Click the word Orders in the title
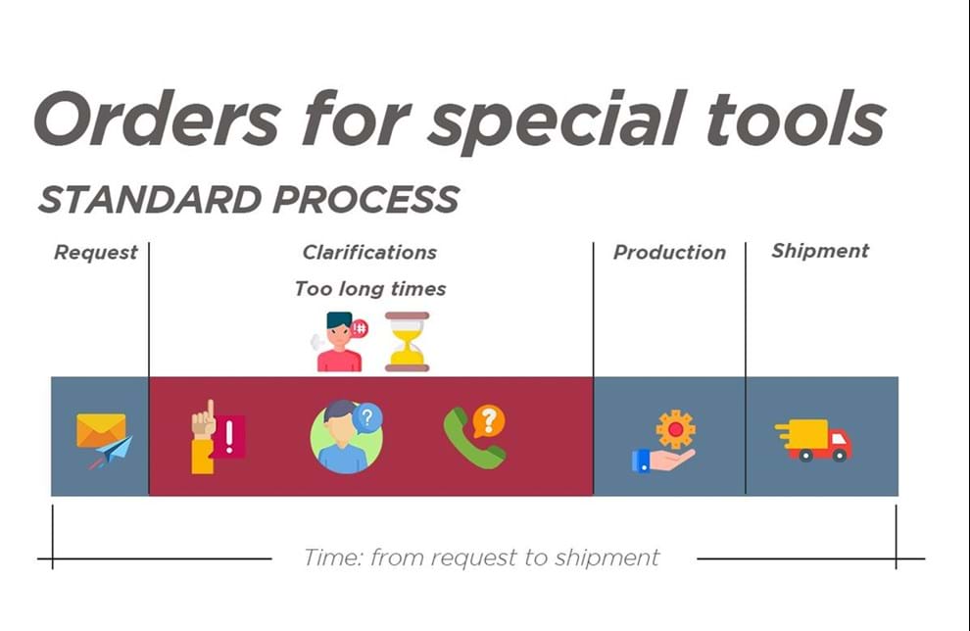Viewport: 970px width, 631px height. coord(158,118)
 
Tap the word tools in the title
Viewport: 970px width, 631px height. coord(797,118)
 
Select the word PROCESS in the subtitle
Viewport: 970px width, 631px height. coord(365,199)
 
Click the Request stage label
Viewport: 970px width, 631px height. coord(96,253)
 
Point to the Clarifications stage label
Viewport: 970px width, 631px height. coord(369,253)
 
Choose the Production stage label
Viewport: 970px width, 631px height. coord(669,253)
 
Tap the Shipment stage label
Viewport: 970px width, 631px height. coord(820,251)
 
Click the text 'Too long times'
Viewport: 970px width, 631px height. coord(370,289)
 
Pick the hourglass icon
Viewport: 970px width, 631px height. coord(407,342)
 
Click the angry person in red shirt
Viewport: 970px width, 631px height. coord(339,342)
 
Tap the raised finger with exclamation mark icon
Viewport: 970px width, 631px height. coord(218,437)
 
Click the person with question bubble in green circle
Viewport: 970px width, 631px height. coord(347,437)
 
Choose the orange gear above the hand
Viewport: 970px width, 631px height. coord(675,429)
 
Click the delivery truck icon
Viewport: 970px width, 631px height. coord(813,441)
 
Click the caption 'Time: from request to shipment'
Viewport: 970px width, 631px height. coord(481,558)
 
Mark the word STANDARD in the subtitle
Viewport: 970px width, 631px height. coord(150,199)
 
